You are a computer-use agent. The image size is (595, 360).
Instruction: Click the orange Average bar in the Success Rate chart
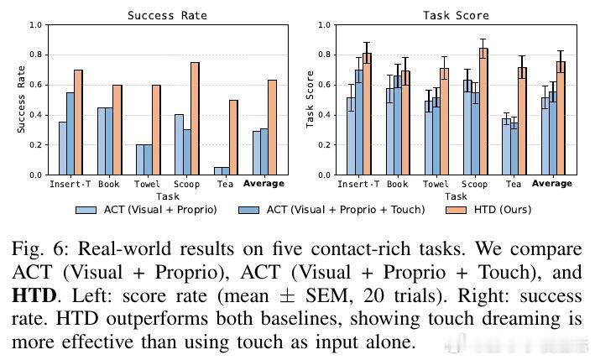point(272,128)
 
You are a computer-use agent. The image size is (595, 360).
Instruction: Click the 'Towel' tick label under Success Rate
point(146,184)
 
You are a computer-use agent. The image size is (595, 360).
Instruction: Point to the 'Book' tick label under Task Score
point(399,184)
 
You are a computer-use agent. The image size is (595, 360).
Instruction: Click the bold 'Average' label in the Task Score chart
point(551,184)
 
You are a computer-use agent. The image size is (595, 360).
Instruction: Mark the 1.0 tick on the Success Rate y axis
point(36,25)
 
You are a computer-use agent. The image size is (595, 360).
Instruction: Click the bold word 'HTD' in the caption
point(36,297)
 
